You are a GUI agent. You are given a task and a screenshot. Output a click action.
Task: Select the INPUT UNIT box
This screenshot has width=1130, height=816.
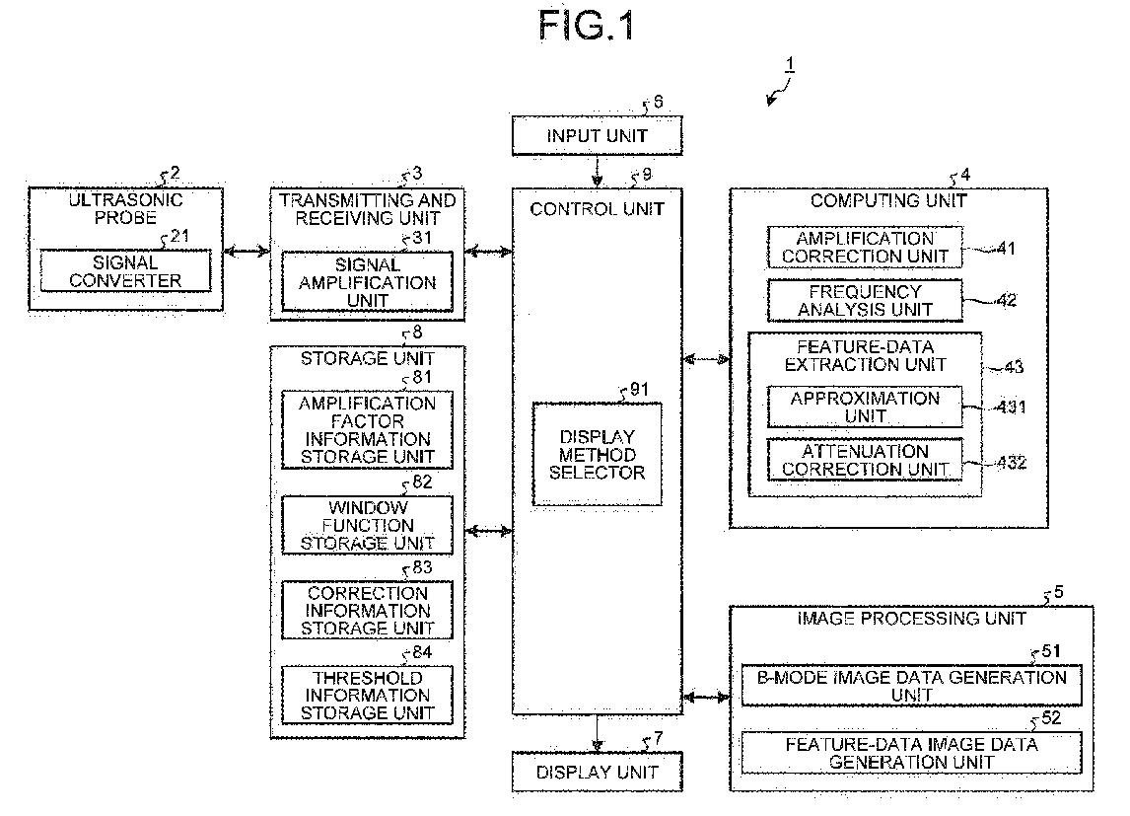click(x=598, y=136)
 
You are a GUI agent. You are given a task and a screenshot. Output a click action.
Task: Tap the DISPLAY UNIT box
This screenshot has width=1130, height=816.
click(x=597, y=772)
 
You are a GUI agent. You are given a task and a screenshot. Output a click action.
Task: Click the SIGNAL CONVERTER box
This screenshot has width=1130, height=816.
click(x=125, y=271)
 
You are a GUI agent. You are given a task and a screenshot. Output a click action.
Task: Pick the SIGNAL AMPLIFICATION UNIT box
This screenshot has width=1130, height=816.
click(x=369, y=282)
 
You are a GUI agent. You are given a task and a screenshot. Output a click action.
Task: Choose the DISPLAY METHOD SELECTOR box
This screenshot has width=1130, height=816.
click(x=597, y=455)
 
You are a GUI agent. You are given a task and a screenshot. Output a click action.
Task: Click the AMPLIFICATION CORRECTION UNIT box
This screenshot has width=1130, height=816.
click(x=865, y=248)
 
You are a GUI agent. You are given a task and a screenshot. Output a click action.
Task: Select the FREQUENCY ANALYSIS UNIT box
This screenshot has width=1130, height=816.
click(x=865, y=301)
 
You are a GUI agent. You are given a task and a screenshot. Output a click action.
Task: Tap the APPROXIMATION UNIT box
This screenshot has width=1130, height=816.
click(x=865, y=408)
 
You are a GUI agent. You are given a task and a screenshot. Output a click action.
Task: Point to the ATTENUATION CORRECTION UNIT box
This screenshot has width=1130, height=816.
click(x=865, y=461)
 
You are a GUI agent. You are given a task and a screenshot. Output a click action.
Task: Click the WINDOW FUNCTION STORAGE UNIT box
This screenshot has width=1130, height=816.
click(x=369, y=525)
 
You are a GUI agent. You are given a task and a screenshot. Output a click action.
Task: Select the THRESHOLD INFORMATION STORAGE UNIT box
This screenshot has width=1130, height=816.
click(x=369, y=696)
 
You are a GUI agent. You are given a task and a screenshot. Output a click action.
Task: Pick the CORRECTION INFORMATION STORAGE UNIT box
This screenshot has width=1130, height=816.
click(x=369, y=611)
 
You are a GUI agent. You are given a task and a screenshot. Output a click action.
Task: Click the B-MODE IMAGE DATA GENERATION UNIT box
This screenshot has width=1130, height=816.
click(x=911, y=686)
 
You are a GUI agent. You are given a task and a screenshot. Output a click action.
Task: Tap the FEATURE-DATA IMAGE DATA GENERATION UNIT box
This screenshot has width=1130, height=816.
click(x=911, y=754)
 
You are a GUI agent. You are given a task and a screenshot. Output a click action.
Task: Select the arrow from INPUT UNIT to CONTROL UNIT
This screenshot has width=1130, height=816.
click(x=598, y=171)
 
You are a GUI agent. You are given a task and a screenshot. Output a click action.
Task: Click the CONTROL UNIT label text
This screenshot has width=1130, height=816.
click(x=598, y=209)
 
